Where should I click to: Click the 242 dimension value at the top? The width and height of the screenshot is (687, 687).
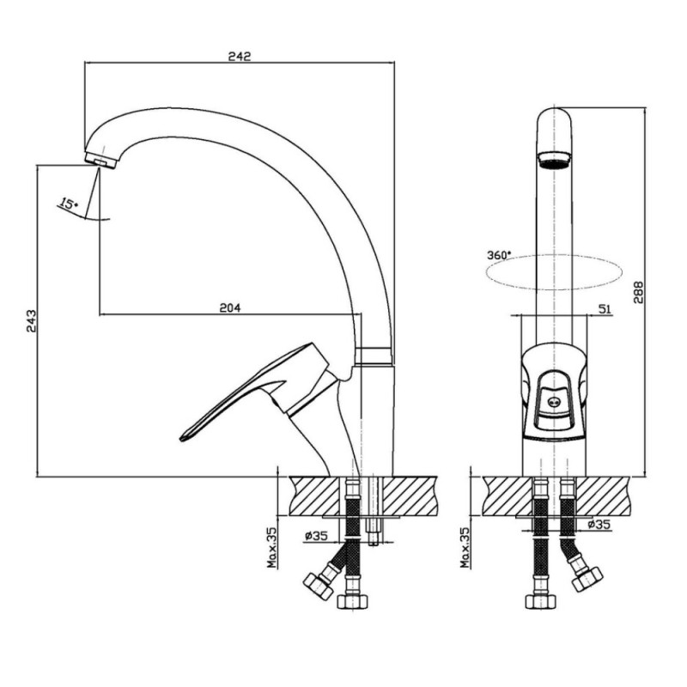click(240, 56)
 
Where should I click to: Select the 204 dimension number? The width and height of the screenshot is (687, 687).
click(229, 308)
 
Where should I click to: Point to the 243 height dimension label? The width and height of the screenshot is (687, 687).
click(31, 321)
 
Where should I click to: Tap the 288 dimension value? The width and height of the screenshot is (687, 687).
click(638, 292)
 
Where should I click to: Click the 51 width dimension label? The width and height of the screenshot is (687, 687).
click(605, 309)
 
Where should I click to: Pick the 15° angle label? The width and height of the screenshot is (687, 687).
click(69, 204)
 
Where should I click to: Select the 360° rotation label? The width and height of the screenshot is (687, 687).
click(499, 255)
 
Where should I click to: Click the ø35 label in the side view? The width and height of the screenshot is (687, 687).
click(315, 535)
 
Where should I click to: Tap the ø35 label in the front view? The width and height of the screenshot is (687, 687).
click(599, 524)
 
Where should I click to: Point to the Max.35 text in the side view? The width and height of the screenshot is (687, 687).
click(272, 547)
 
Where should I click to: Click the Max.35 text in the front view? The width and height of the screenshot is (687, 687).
click(465, 547)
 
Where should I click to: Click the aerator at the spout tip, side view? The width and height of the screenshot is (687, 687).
click(100, 160)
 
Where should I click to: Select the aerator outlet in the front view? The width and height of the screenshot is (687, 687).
click(554, 160)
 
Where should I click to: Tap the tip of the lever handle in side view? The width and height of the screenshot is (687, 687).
click(181, 438)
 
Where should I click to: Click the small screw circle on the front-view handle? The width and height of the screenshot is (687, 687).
click(554, 400)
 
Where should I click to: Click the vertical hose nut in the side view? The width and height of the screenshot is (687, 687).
click(353, 601)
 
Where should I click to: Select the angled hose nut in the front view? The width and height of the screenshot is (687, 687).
click(587, 578)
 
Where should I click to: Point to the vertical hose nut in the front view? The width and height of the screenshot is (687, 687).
click(541, 601)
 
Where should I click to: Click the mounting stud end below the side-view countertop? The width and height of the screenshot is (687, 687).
click(374, 542)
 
